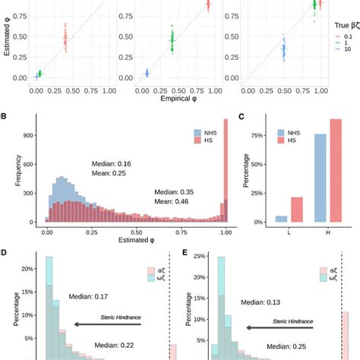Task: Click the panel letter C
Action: (241, 116)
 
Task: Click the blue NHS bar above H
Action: (299, 178)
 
